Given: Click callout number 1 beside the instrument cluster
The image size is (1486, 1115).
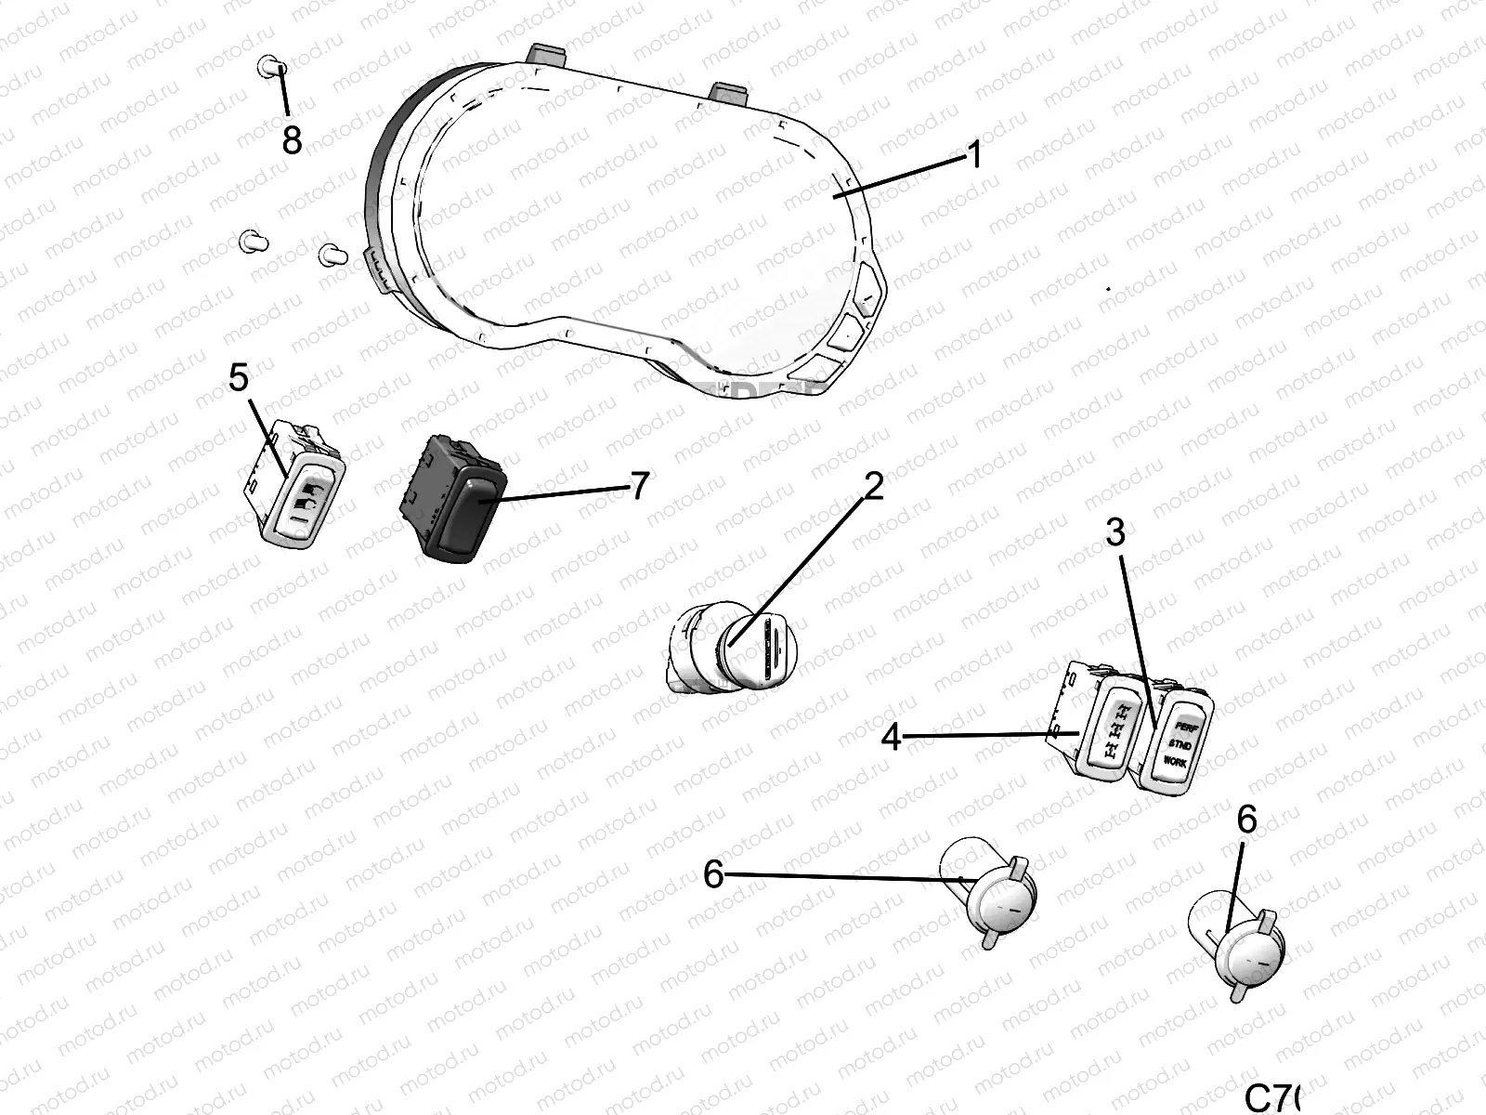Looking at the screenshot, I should (x=973, y=155).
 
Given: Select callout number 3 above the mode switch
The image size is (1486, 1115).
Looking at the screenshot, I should (x=1114, y=532).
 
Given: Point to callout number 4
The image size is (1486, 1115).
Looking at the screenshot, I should (x=891, y=738).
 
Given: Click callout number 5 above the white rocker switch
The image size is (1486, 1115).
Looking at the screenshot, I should (x=239, y=378).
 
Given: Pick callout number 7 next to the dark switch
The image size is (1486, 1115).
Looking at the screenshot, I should (x=638, y=486).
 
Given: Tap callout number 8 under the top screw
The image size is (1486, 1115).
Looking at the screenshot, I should (x=292, y=140).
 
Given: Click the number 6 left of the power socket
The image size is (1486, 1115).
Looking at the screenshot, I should (x=713, y=873).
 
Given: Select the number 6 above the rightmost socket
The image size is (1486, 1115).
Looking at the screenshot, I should (x=1246, y=820).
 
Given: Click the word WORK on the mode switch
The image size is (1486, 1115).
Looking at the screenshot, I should (x=1175, y=762).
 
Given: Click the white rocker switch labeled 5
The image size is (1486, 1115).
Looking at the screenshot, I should (x=302, y=497).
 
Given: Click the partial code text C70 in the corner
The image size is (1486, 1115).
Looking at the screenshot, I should (x=1272, y=1097).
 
